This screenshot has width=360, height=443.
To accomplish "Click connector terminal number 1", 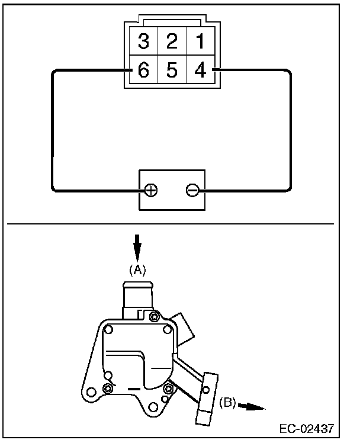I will [200, 41].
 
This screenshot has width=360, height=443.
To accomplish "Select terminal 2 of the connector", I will [172, 41].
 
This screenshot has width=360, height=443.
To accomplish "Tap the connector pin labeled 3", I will [143, 41].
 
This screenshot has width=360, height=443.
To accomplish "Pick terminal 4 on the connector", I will [200, 71].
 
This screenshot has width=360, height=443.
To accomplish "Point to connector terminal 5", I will [172, 71].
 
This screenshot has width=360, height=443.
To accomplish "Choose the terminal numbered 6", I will [143, 71].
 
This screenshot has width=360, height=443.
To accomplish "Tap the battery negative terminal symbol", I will [192, 190].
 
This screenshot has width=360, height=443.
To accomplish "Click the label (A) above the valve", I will [137, 269].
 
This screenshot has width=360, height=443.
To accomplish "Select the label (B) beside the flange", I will [227, 403].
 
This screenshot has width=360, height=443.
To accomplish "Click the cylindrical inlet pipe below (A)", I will [137, 296].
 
